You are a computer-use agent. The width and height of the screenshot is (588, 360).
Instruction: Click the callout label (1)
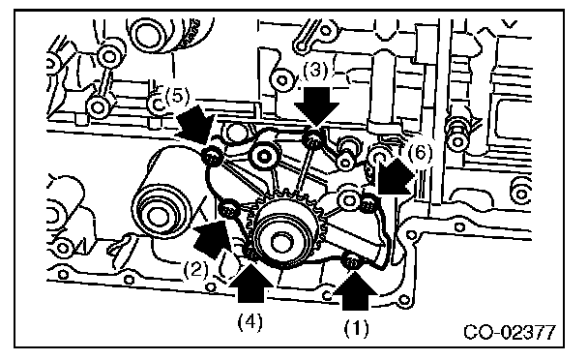click(356, 328)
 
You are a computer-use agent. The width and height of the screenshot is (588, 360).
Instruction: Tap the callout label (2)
click(196, 269)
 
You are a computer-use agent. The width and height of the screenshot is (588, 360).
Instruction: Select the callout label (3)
click(315, 71)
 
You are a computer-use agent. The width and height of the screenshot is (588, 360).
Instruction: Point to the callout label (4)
click(250, 321)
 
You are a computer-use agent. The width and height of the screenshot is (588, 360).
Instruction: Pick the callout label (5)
click(177, 96)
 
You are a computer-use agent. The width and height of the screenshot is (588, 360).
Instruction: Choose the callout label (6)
click(420, 153)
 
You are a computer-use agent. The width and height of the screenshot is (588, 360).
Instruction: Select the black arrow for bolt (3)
click(316, 106)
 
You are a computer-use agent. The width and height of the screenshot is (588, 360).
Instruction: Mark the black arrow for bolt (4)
click(251, 284)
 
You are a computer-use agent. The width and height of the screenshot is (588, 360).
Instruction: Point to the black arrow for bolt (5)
click(193, 124)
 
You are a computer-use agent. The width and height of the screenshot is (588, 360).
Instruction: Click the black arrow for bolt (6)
click(395, 176)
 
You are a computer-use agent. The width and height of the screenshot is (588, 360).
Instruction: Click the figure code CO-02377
click(510, 333)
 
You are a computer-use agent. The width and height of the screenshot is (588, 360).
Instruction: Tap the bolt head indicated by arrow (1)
click(352, 261)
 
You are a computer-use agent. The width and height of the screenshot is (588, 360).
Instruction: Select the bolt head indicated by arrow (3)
click(312, 137)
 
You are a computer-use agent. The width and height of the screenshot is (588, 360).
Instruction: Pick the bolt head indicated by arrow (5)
click(213, 156)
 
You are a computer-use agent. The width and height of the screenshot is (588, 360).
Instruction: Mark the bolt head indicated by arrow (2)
click(228, 209)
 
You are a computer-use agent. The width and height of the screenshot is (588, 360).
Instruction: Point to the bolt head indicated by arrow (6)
click(368, 203)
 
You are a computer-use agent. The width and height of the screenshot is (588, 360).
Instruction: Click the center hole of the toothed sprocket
click(278, 243)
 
